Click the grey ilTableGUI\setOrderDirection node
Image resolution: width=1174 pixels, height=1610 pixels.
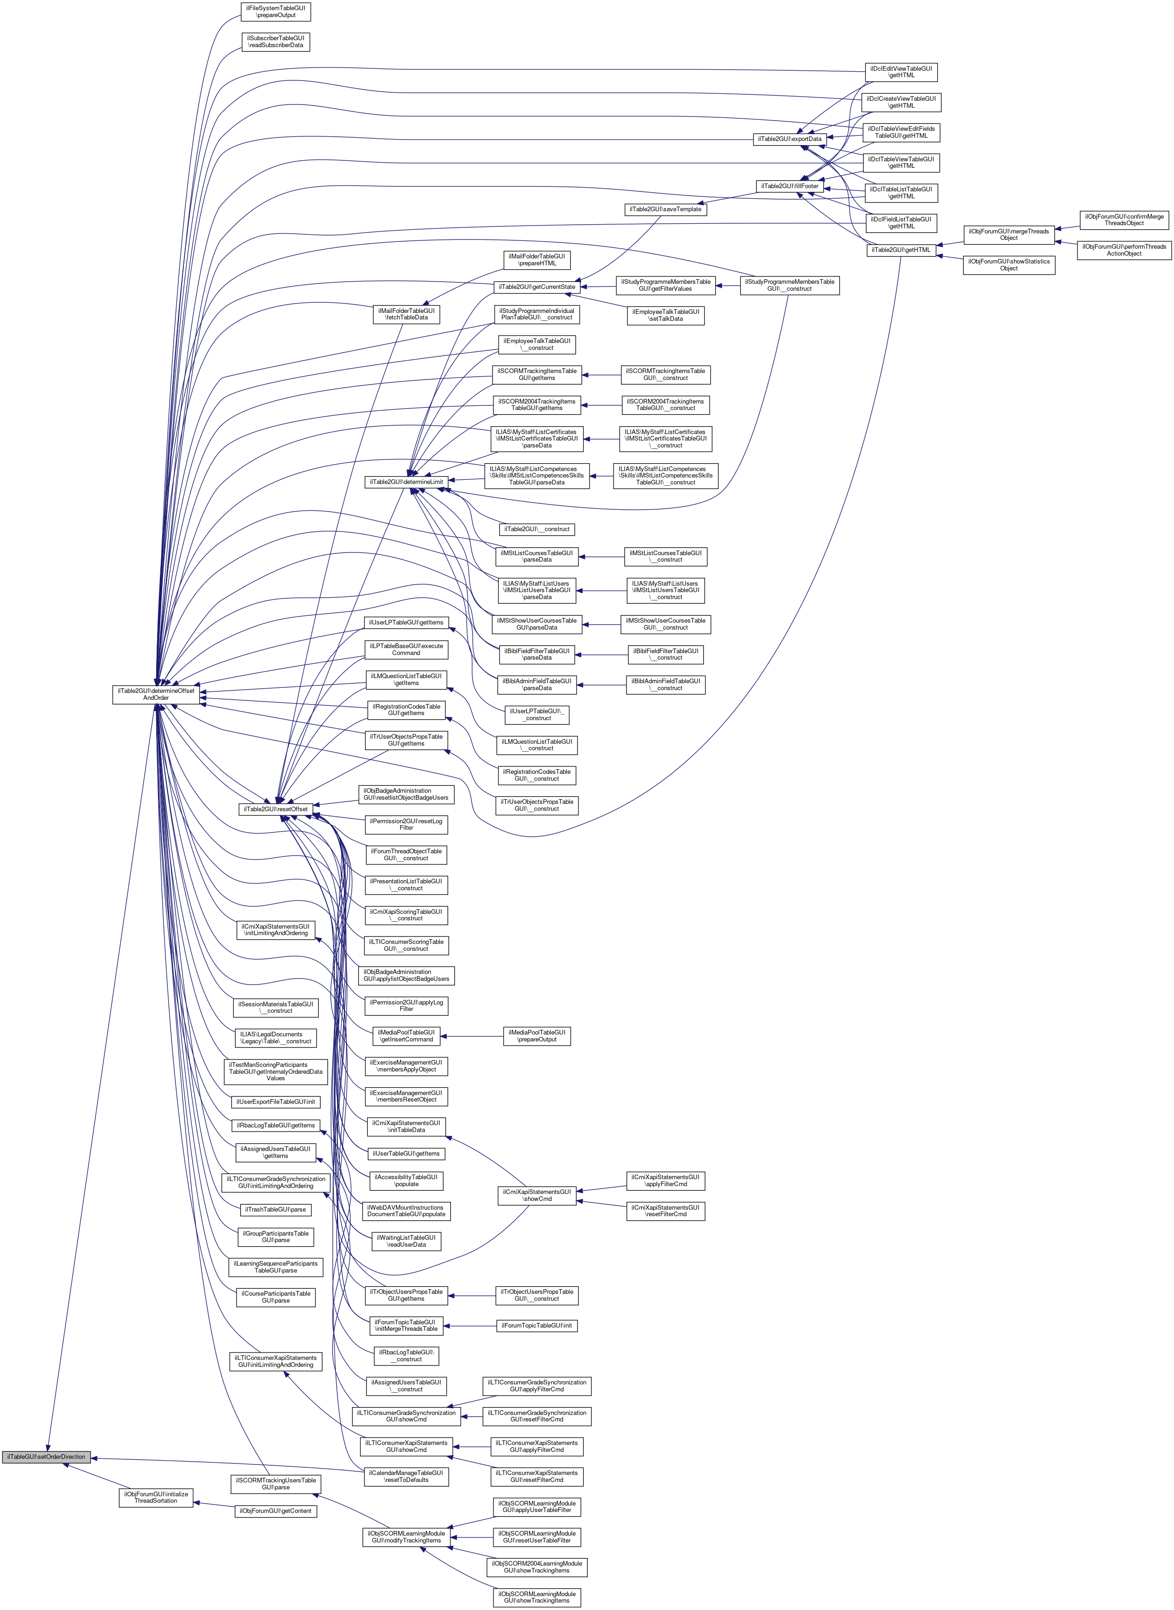[46, 1457]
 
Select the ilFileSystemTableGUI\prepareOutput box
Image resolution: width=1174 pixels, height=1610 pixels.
[276, 12]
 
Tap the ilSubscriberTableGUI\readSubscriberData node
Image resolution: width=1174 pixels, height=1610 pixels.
[276, 41]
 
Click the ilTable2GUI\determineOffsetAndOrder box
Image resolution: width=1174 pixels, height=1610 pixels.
[156, 694]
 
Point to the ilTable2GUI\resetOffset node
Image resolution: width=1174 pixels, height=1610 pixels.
[276, 809]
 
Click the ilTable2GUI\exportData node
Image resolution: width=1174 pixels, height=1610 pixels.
[789, 139]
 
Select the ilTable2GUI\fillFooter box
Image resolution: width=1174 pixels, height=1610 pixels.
[790, 186]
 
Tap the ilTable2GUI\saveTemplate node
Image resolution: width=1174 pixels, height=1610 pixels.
[665, 209]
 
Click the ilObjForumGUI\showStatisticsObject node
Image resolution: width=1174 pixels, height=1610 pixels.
[1009, 264]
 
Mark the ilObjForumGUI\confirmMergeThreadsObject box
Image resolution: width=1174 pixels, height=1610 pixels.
[1124, 220]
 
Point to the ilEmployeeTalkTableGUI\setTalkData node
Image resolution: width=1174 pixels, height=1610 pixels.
[666, 315]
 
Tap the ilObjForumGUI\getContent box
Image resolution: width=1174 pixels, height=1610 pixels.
[276, 1511]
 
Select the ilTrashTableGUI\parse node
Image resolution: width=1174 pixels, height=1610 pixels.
[276, 1209]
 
